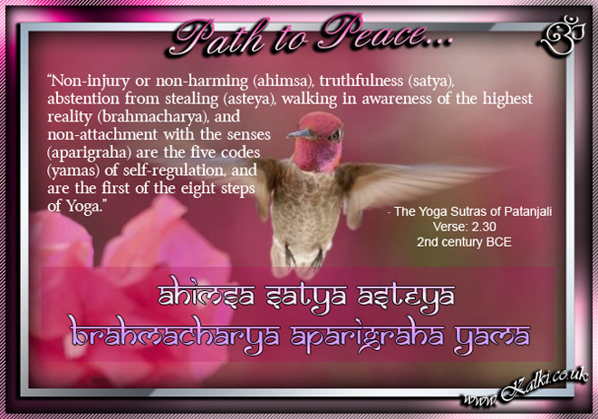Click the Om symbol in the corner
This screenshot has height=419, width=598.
(x=562, y=34)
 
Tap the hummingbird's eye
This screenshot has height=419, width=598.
(x=336, y=135)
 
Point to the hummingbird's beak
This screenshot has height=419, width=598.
(x=300, y=133)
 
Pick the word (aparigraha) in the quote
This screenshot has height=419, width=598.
(x=89, y=152)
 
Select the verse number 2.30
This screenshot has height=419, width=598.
(x=484, y=227)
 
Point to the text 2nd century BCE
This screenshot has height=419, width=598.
(x=464, y=242)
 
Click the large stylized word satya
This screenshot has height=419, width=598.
(x=306, y=297)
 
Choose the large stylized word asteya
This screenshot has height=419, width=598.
(x=406, y=297)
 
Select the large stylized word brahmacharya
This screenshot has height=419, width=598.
(x=175, y=335)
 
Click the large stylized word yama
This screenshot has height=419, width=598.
(x=492, y=337)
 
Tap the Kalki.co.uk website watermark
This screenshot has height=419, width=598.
(x=525, y=387)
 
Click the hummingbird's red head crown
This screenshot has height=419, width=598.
(x=319, y=122)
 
